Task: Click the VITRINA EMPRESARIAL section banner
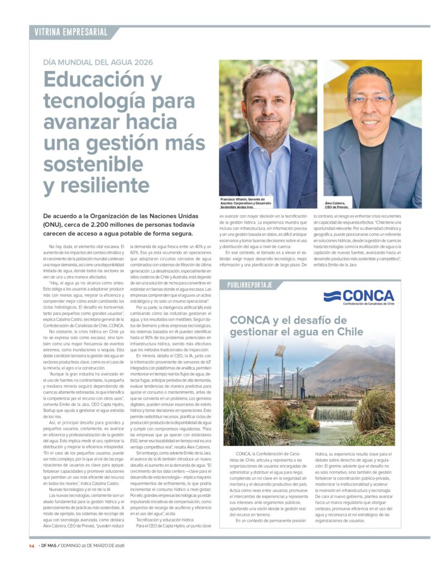(x=71, y=32)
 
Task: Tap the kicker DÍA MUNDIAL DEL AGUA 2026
(x=98, y=62)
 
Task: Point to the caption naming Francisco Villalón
(x=244, y=202)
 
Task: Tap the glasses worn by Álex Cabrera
(x=370, y=100)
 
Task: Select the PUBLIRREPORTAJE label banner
(x=250, y=285)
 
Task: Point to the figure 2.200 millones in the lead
(x=147, y=224)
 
